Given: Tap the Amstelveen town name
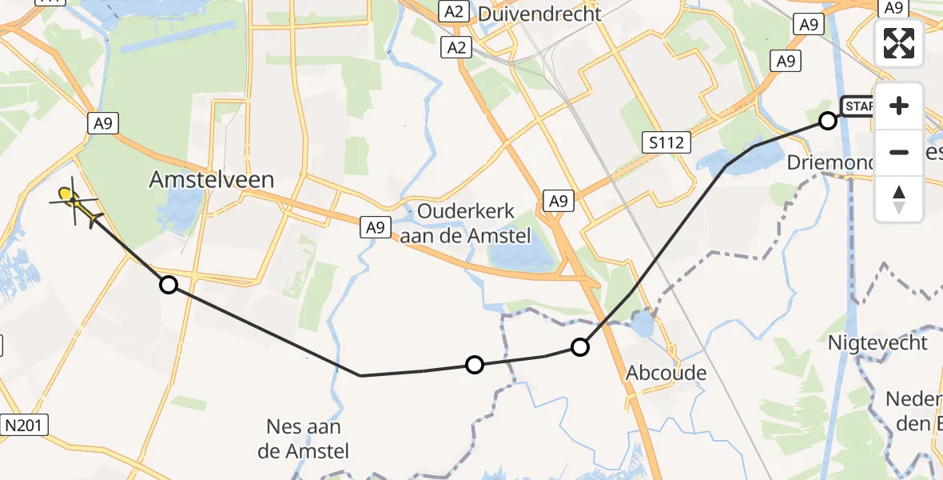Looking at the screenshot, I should click(x=211, y=180).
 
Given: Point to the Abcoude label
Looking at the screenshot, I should click(x=666, y=373).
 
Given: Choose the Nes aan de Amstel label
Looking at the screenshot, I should click(x=304, y=438).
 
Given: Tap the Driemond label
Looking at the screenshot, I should click(x=831, y=162).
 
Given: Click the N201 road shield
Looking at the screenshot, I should click(x=26, y=423).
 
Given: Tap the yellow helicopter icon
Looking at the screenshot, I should click(x=76, y=202).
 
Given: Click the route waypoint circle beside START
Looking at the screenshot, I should click(x=828, y=121).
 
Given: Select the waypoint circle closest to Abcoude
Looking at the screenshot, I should click(x=580, y=347).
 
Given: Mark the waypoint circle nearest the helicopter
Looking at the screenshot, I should click(x=169, y=285).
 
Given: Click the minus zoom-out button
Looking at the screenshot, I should click(x=899, y=152).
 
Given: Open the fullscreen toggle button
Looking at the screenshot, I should click(x=899, y=43).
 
